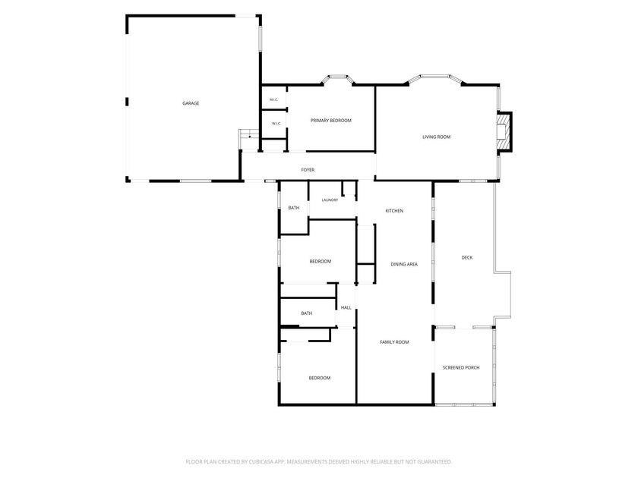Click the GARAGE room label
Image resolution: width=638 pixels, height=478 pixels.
click(x=191, y=103)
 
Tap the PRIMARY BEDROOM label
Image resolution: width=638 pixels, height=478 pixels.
click(x=331, y=121)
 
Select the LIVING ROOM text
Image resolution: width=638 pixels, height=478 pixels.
click(x=436, y=137)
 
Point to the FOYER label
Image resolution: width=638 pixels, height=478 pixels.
click(x=308, y=170)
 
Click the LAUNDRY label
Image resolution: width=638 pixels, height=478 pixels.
click(x=330, y=200)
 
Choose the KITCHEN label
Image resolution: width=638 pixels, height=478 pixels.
click(x=394, y=211)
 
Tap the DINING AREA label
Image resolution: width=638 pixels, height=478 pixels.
click(x=404, y=264)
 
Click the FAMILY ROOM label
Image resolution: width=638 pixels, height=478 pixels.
click(x=394, y=342)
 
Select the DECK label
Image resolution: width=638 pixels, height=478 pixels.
click(x=467, y=257)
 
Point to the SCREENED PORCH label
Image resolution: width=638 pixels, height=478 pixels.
click(x=461, y=368)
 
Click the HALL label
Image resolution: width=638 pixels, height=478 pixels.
click(x=346, y=308)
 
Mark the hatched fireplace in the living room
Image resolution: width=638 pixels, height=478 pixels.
click(x=504, y=132)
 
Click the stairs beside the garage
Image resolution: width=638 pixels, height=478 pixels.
click(x=249, y=134)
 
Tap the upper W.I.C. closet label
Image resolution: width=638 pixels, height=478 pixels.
click(x=273, y=99)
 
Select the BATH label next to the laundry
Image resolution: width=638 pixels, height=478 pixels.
click(x=294, y=208)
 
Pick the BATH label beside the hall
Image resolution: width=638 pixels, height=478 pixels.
click(x=307, y=313)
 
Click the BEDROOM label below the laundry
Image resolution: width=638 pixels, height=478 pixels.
click(x=321, y=261)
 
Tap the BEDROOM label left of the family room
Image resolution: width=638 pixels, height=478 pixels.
click(x=320, y=378)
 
